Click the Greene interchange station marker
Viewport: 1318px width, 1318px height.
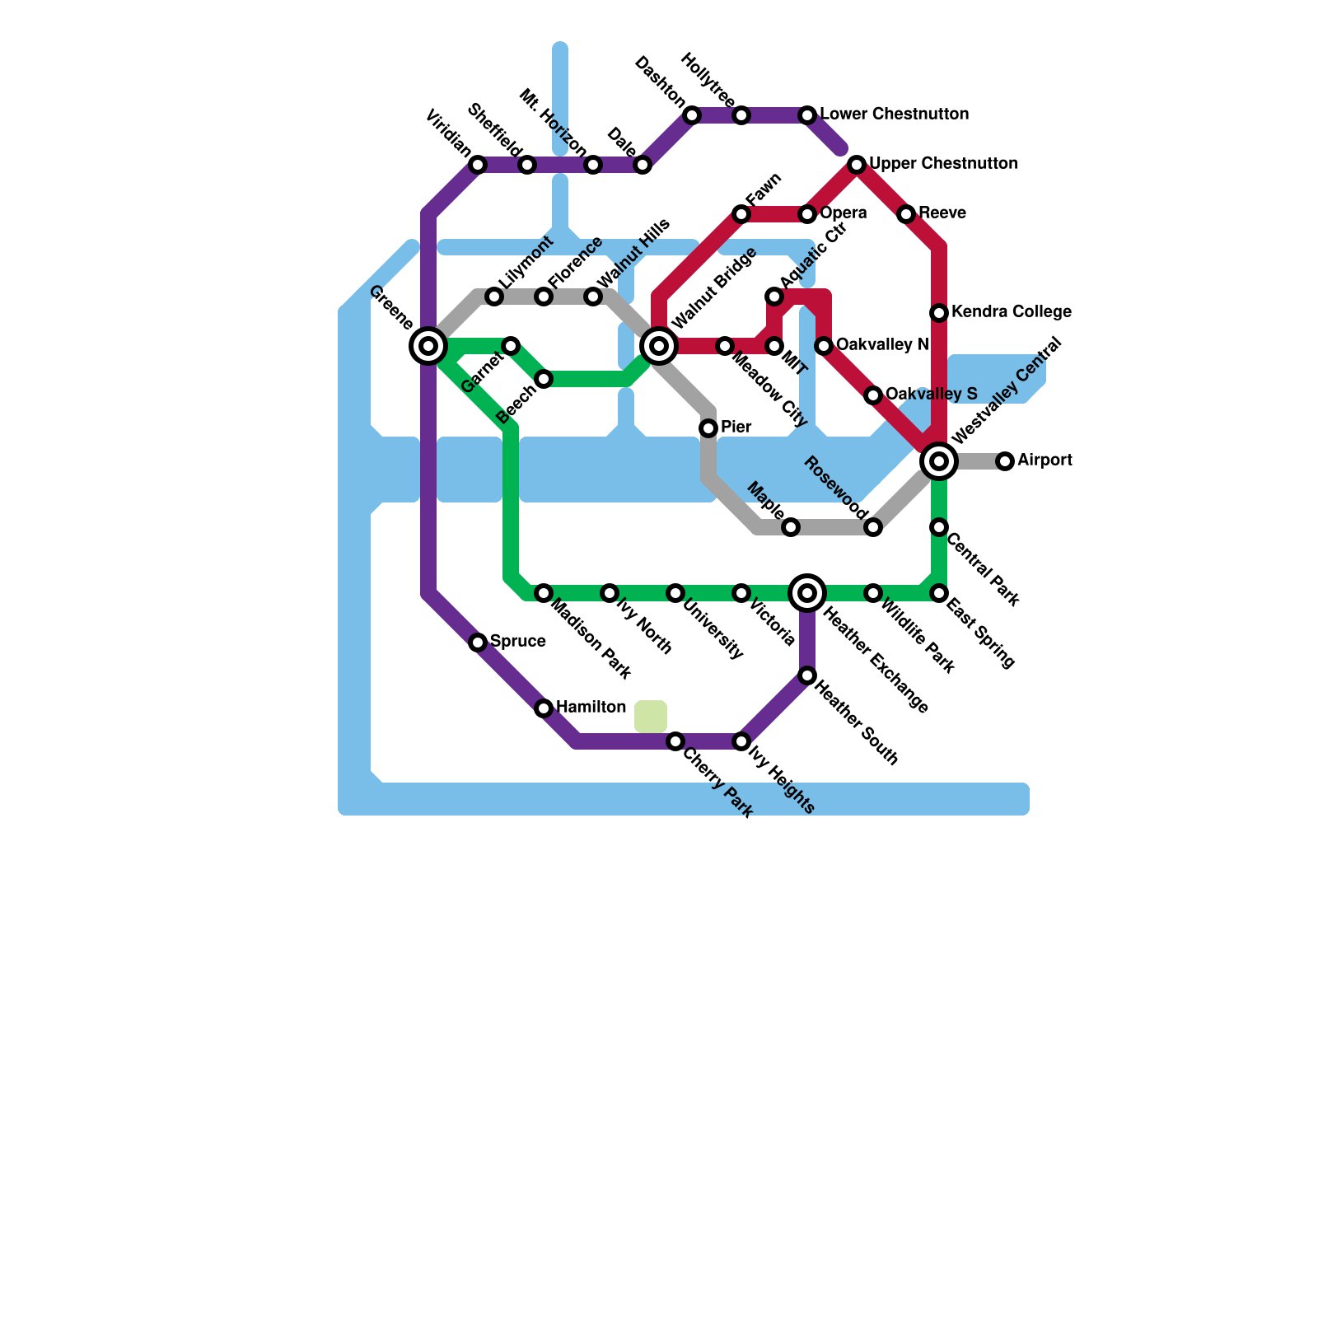pos(428,346)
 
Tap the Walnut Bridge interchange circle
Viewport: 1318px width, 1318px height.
pos(659,346)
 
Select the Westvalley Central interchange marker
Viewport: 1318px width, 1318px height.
pos(939,461)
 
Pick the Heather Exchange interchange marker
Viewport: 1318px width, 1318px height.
pos(807,593)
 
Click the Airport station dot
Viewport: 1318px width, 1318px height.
pos(1005,461)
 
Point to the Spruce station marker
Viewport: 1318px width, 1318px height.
pos(478,643)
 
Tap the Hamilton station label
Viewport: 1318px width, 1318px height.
pos(591,708)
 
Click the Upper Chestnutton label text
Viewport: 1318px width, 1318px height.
pos(943,164)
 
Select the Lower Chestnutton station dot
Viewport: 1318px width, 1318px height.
pos(807,115)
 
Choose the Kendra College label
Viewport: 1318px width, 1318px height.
pos(1011,312)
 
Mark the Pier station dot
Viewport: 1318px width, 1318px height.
pos(708,428)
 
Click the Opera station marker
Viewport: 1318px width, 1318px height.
pos(807,214)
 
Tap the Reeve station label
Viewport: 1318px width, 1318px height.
pos(942,213)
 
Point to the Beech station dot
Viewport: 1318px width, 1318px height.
pos(544,379)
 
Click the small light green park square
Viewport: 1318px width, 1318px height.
pos(651,716)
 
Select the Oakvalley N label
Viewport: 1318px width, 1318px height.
pos(882,345)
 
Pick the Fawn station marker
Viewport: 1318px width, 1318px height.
pos(741,214)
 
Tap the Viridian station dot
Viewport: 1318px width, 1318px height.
pos(478,165)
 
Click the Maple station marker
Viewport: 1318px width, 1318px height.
pos(791,527)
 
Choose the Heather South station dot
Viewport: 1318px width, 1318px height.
pos(807,675)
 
